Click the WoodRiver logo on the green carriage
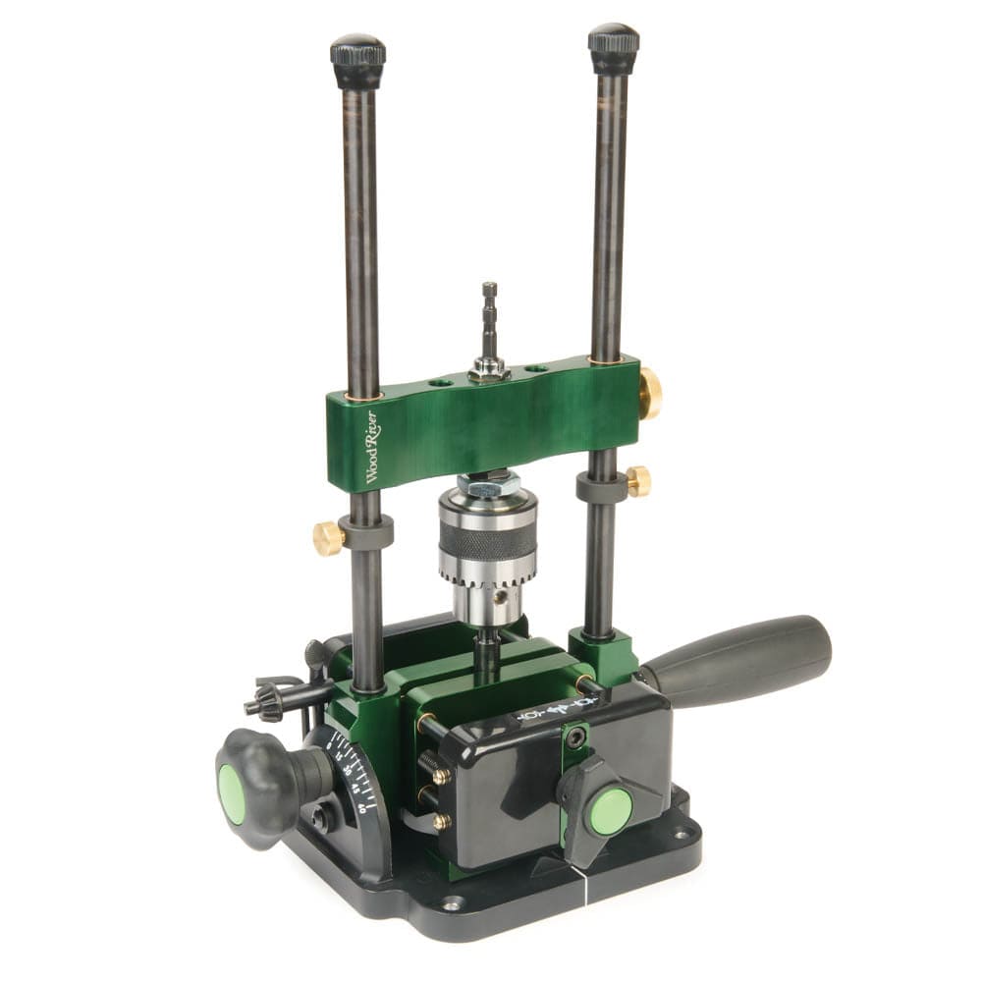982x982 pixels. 373,447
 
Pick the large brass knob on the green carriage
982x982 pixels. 650,394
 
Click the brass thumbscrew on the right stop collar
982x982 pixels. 639,481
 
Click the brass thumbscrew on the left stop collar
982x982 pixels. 328,537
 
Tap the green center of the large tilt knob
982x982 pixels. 232,793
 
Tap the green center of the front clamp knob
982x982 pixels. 610,811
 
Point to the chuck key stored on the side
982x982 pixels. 275,699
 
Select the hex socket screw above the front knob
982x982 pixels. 575,738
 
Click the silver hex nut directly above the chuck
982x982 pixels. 488,478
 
